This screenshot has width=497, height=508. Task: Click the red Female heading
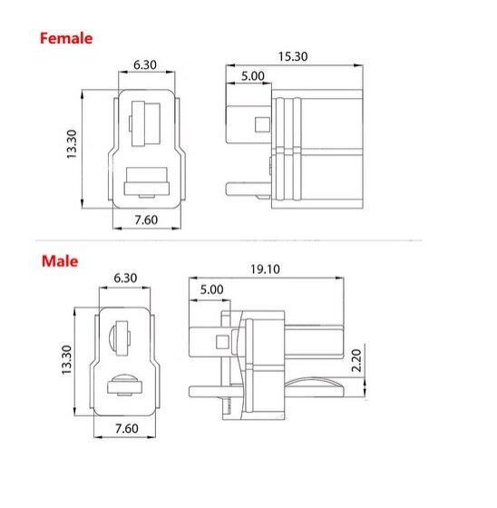tap(64, 39)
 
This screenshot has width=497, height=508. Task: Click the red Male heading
tap(59, 261)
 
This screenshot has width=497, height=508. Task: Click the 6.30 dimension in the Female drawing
tap(145, 65)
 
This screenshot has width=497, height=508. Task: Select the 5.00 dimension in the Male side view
tap(210, 289)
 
